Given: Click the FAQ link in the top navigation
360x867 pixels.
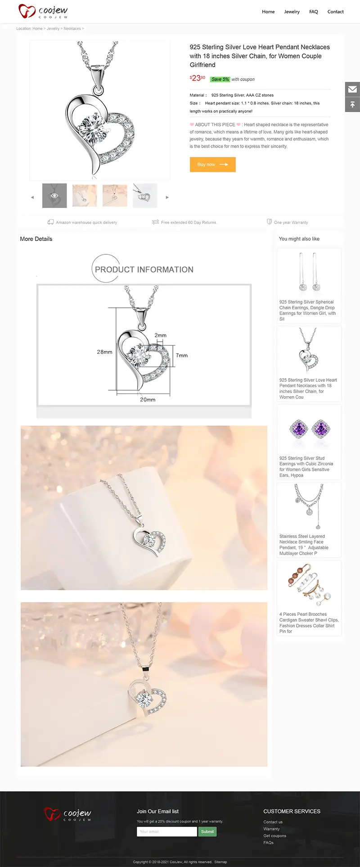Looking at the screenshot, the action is coord(314,12).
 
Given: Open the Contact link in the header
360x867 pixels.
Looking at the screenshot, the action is coord(335,12).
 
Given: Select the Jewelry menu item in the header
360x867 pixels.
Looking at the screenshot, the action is coord(292,12).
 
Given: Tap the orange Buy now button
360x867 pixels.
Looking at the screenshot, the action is coord(213,164).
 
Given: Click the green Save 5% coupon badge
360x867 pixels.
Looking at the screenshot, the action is coord(220,79).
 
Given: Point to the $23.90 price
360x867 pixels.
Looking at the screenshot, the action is coord(198,78).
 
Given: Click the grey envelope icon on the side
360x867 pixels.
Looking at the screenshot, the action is coord(352,89).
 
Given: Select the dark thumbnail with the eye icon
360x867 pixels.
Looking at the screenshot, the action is coord(54,195).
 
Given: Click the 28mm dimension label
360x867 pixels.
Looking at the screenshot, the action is coord(104,352).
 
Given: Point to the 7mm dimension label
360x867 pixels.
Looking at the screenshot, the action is coord(182,356).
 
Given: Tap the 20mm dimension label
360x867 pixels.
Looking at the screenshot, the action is coord(148,400).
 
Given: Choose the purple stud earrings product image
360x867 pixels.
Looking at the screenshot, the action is coord(309,429).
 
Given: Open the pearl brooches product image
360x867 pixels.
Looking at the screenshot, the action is coord(309,586).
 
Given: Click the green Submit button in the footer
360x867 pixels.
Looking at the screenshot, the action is coord(207,831).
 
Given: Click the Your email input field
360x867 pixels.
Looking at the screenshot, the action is coord(167,831).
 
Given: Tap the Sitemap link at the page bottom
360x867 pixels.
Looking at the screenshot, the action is coord(220,862).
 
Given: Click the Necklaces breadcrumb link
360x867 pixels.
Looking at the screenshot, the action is coord(72,28).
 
